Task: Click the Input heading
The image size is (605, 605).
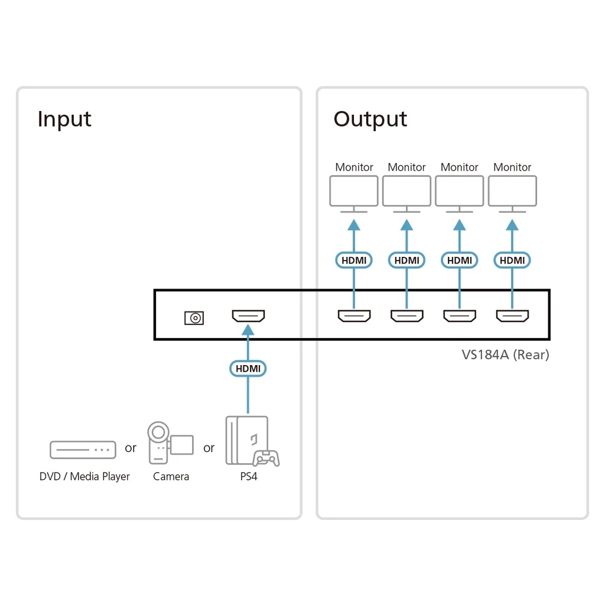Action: click(64, 119)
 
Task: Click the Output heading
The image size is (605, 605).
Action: click(370, 119)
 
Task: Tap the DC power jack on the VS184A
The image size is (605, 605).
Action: click(194, 318)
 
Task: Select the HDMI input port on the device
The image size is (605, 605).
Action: click(248, 317)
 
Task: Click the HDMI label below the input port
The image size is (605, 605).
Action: click(248, 369)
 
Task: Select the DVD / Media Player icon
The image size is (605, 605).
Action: click(83, 449)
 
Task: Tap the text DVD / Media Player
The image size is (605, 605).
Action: click(84, 476)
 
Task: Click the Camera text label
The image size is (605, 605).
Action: click(171, 476)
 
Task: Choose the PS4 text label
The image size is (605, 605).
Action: click(248, 476)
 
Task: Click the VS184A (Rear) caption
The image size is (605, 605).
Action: click(505, 354)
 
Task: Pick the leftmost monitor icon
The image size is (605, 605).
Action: click(354, 193)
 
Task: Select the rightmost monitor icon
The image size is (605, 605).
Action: click(512, 193)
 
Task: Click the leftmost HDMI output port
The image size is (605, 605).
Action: click(354, 316)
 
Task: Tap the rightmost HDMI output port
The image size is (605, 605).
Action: click(512, 316)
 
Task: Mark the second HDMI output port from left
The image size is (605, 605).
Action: click(406, 316)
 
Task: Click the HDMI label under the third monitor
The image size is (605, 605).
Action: click(460, 260)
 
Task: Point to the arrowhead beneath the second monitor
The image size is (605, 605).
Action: click(406, 225)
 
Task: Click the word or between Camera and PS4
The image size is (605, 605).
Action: click(209, 448)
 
